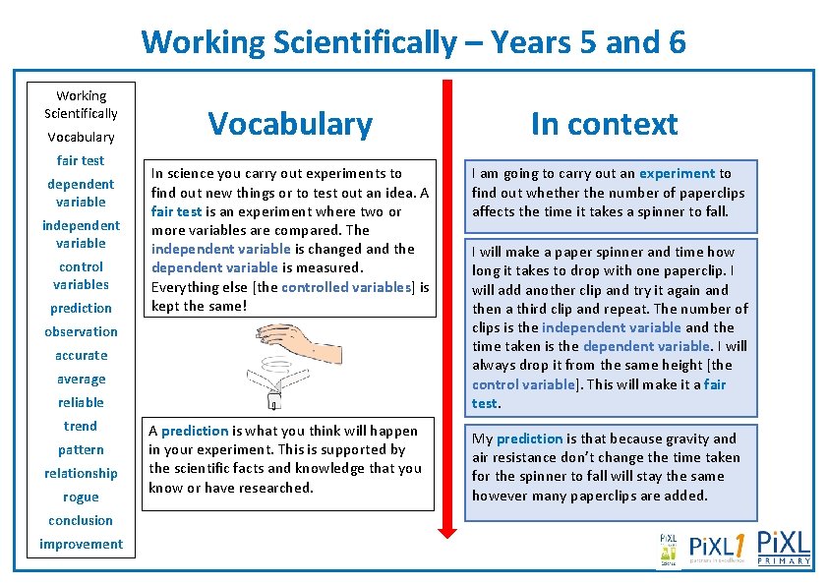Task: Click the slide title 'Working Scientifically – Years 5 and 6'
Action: click(x=413, y=42)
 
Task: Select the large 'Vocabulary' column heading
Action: click(x=290, y=124)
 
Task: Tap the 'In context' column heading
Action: click(x=604, y=124)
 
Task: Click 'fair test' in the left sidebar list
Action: click(x=81, y=160)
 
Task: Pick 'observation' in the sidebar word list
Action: click(x=81, y=331)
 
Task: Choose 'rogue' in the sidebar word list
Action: click(x=81, y=497)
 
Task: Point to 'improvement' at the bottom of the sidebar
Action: click(x=81, y=544)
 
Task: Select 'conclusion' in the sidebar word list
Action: click(x=81, y=520)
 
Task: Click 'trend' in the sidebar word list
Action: click(x=81, y=426)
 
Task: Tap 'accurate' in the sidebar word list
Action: click(x=81, y=355)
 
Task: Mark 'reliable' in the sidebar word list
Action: click(x=81, y=402)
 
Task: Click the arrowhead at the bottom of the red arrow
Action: click(x=447, y=529)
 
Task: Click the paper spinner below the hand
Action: click(x=270, y=383)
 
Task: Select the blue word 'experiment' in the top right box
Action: click(x=678, y=173)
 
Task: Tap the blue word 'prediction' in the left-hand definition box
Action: click(x=195, y=431)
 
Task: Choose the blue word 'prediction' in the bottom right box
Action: click(x=529, y=439)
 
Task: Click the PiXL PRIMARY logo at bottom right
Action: click(x=784, y=548)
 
